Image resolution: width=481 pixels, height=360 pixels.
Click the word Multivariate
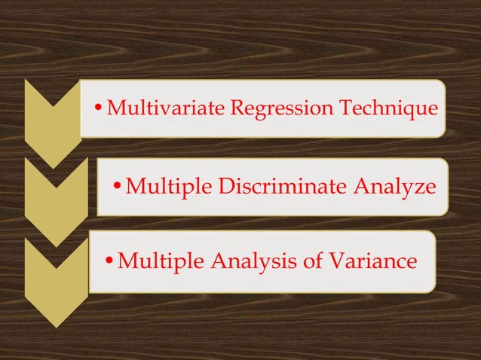click(x=165, y=108)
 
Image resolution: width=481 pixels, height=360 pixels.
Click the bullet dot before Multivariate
click(x=101, y=110)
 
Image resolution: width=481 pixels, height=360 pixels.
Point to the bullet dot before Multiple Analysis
click(x=109, y=262)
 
